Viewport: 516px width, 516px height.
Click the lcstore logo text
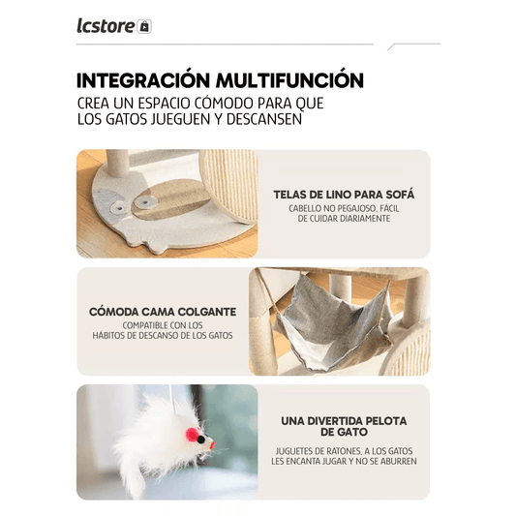pyautogui.click(x=106, y=26)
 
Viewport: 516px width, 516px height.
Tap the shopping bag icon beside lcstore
pyautogui.click(x=145, y=27)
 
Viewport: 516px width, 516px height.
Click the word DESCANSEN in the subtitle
pyautogui.click(x=259, y=120)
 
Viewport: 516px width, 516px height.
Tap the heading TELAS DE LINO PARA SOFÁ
pyautogui.click(x=344, y=194)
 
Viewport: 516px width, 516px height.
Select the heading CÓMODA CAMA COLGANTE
pyautogui.click(x=162, y=312)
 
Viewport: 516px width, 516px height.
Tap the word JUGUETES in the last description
pyautogui.click(x=294, y=449)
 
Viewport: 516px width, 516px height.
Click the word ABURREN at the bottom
pyautogui.click(x=396, y=461)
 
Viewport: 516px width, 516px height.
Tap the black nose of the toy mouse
pyautogui.click(x=200, y=440)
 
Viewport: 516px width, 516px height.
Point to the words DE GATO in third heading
pyautogui.click(x=344, y=434)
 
